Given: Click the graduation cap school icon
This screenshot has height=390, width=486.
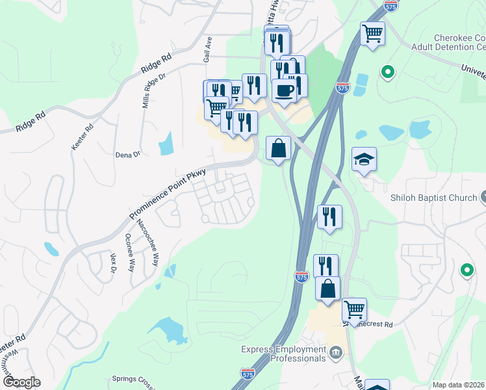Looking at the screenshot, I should (364, 159).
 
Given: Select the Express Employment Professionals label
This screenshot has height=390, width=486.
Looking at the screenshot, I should (284, 354).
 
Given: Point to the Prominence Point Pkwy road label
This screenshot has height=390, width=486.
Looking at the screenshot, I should (167, 194).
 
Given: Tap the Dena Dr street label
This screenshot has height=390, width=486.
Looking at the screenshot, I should (127, 155).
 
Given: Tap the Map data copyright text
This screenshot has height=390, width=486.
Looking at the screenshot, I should (459, 385).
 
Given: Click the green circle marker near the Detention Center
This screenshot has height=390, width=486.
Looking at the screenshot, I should (388, 71).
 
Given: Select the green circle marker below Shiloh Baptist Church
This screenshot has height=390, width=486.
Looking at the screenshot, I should (466, 270).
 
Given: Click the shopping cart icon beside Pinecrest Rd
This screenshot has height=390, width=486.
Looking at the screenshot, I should (354, 309).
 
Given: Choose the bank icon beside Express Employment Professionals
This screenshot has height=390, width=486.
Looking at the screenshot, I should (336, 353).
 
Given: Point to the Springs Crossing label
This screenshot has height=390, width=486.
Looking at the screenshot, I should (134, 379).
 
